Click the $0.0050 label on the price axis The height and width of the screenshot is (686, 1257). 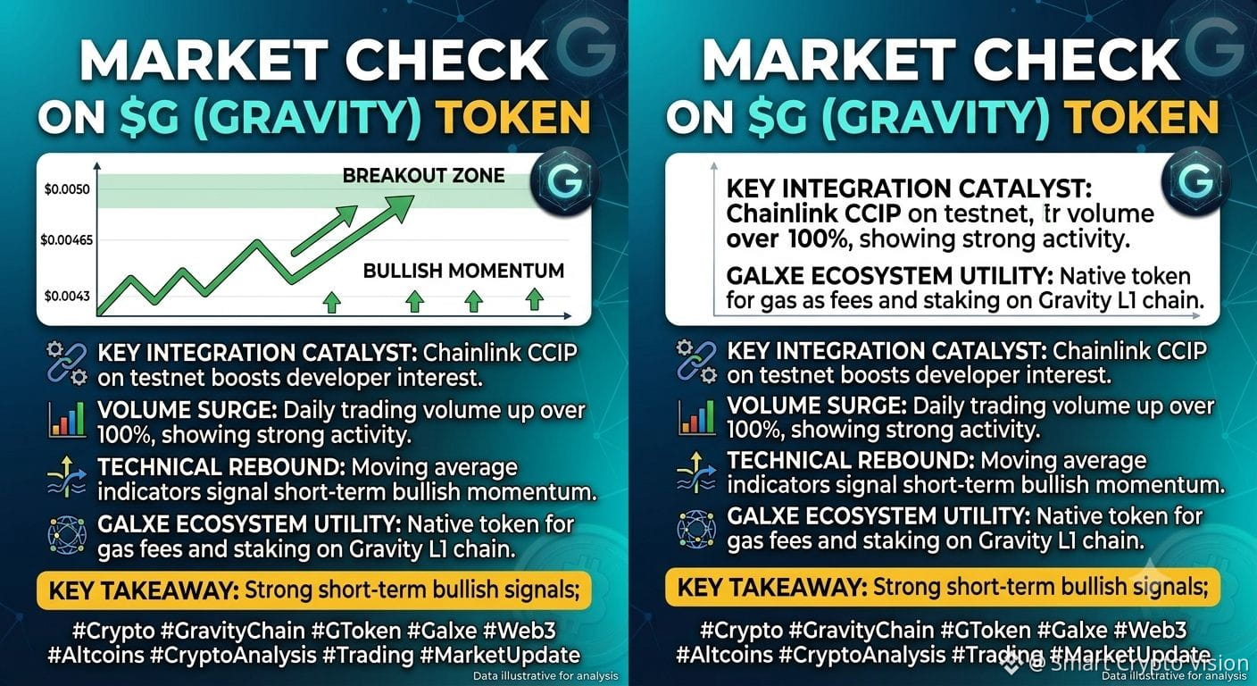(x=67, y=189)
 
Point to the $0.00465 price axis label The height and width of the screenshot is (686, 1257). (x=66, y=240)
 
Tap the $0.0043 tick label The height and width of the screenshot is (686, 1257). (x=67, y=296)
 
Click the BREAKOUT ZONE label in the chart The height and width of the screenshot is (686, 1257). (x=424, y=176)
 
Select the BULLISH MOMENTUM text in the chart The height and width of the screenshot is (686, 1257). (x=463, y=271)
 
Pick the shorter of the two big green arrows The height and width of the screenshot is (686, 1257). (x=324, y=230)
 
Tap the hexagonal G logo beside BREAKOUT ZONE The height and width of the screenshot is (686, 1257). (x=563, y=180)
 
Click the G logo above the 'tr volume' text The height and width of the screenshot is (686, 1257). (x=1195, y=180)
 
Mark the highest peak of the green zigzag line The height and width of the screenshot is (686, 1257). (x=258, y=242)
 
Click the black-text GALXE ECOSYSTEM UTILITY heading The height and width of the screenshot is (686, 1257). (x=889, y=276)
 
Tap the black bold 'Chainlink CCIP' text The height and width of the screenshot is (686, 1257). (x=813, y=213)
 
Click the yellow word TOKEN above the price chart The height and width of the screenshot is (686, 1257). (x=513, y=117)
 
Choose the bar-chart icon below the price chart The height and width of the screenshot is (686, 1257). (x=67, y=419)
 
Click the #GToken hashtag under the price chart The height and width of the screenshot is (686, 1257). (x=356, y=631)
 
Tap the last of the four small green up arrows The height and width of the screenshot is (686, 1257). (x=534, y=300)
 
